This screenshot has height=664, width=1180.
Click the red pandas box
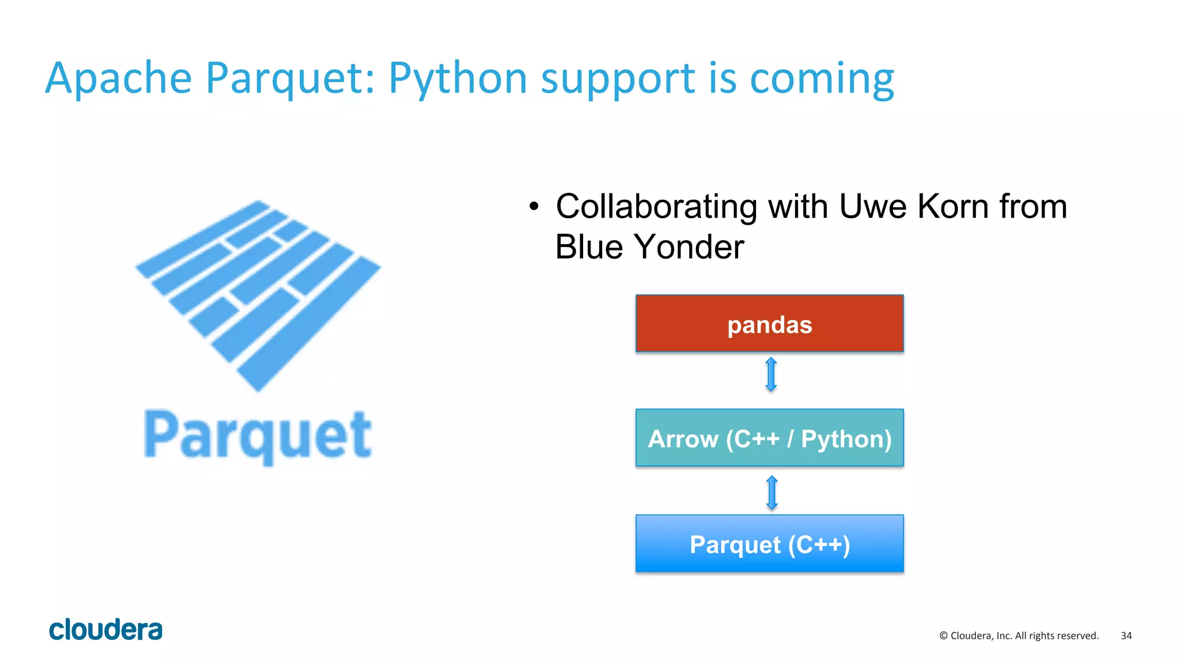[769, 324]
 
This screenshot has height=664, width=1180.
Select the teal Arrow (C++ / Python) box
[769, 438]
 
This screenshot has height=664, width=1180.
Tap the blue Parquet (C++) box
[769, 544]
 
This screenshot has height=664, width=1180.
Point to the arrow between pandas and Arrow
[771, 375]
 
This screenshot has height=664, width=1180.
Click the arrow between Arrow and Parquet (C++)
[772, 493]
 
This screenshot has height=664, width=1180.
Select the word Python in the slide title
[457, 79]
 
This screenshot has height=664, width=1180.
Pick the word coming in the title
[822, 79]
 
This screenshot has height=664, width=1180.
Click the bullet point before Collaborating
[534, 207]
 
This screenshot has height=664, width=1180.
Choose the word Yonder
[689, 247]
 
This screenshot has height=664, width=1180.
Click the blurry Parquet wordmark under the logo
[258, 435]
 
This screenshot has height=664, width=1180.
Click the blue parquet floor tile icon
[258, 294]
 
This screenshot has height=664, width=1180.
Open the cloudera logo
[106, 629]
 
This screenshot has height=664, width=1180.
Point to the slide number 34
[1126, 636]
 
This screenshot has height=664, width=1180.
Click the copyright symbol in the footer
[943, 636]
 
